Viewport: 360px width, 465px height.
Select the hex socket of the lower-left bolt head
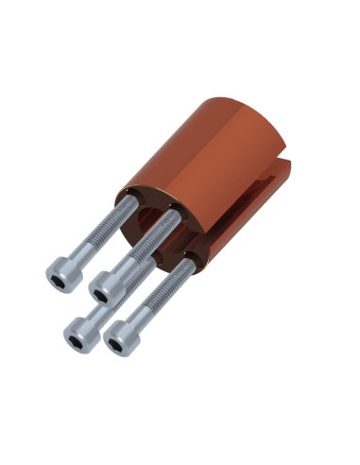76,336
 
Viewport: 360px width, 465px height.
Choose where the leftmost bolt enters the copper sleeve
123,203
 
